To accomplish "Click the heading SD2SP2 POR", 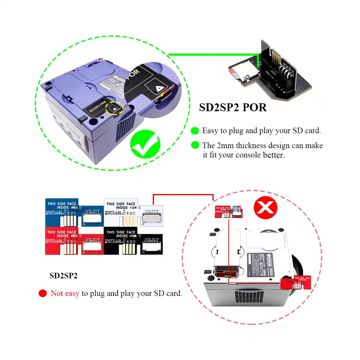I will (x=233, y=107).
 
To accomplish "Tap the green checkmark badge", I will (x=145, y=144).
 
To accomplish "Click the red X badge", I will (x=265, y=208).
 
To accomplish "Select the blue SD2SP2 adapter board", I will (x=74, y=212).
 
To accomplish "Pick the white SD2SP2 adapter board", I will (x=133, y=212).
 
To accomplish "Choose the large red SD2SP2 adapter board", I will (x=74, y=241).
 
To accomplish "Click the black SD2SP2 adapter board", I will (x=133, y=241).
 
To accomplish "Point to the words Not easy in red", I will (x=65, y=293).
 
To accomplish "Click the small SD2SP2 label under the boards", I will (x=63, y=275).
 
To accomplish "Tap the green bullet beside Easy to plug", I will (x=195, y=131).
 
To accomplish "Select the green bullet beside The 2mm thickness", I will (x=195, y=145).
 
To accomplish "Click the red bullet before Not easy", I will (x=43, y=293).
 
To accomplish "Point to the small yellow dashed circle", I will (x=114, y=108).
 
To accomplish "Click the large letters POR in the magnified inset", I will (x=133, y=75).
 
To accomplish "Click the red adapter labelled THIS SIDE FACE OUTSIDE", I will (x=296, y=282).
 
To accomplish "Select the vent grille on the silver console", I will (x=249, y=296).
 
